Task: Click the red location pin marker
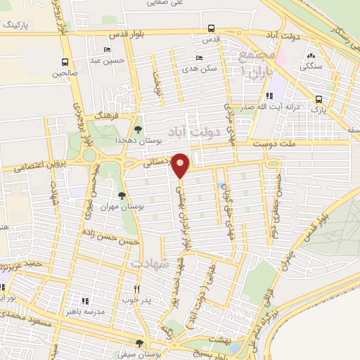click(x=181, y=165)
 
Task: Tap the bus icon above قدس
click(x=212, y=29)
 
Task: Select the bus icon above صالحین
click(x=65, y=62)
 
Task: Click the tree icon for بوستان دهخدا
click(x=138, y=129)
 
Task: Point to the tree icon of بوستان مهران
click(x=122, y=195)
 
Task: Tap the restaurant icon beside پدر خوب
click(x=138, y=288)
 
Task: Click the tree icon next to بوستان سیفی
click(x=139, y=342)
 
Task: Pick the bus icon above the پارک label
click(x=319, y=99)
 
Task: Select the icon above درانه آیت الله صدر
click(x=269, y=96)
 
